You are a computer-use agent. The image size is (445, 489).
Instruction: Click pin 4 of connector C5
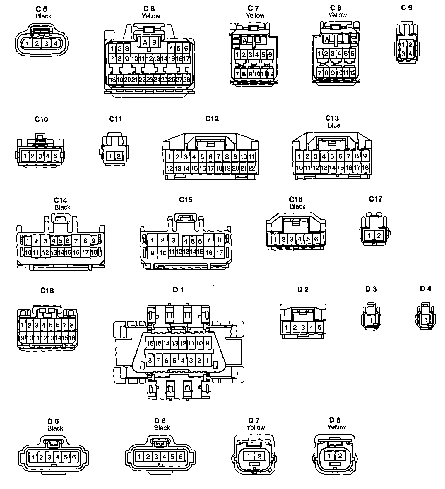[x=56, y=44]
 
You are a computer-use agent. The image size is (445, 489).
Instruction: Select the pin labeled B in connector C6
[x=154, y=43]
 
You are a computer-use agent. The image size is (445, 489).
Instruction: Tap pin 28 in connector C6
[x=186, y=79]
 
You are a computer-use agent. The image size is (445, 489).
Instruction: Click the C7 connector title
[x=253, y=8]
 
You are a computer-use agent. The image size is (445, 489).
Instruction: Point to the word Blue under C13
[x=334, y=125]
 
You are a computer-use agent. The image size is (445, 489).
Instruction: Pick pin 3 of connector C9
[x=403, y=54]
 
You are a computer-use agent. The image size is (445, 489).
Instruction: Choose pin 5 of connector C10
[x=55, y=156]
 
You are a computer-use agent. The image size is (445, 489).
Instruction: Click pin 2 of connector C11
[x=119, y=156]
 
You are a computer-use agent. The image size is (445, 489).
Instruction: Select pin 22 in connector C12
[x=252, y=168]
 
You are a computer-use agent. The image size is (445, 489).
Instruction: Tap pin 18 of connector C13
[x=365, y=168]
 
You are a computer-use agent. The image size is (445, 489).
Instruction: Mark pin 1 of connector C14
[x=28, y=241]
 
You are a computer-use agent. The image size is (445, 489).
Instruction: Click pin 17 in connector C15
[x=219, y=252]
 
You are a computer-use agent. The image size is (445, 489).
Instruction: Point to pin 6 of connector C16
[x=316, y=239]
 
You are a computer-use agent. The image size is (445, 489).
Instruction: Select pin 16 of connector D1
[x=150, y=343]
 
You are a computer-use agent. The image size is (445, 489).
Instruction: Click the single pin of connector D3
[x=371, y=320]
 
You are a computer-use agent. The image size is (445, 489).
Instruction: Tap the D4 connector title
[x=425, y=289]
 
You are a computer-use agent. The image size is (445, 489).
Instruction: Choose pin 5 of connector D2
[x=319, y=328]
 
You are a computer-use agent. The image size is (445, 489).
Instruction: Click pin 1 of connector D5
[x=33, y=457]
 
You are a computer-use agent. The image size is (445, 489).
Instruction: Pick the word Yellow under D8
[x=336, y=427]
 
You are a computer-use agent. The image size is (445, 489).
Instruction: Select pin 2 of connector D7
[x=259, y=456]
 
